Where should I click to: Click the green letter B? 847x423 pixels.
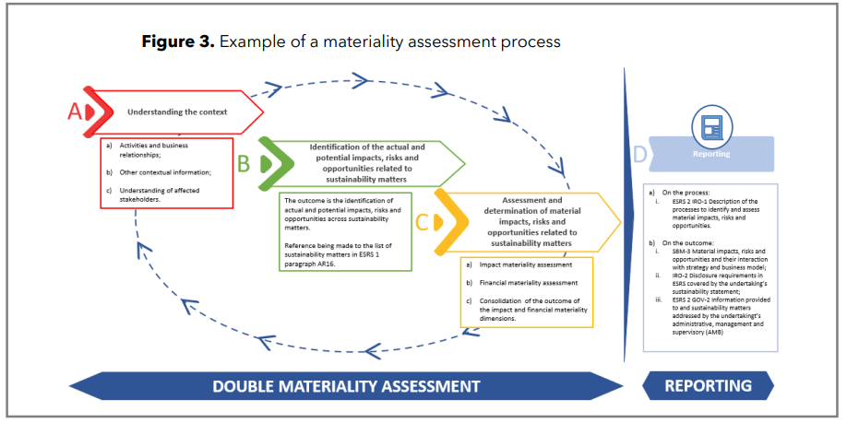(244, 163)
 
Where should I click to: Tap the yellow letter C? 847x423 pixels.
(421, 221)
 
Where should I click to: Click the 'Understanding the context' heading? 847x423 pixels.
(177, 112)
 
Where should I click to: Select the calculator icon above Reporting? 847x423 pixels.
(711, 125)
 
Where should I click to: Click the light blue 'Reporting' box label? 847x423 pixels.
(711, 154)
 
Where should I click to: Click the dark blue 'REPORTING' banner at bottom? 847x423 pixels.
(709, 385)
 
